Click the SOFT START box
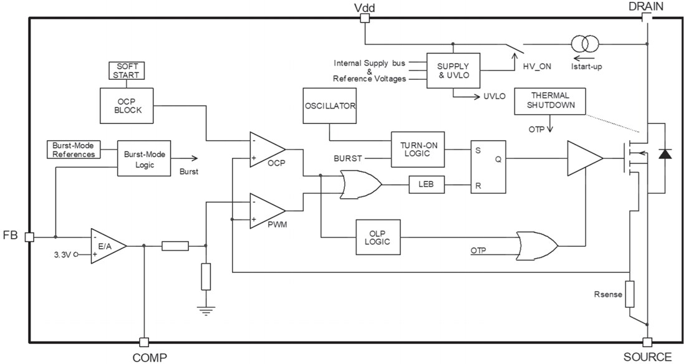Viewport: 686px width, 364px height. coord(125,70)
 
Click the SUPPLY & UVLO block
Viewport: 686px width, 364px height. coord(453,71)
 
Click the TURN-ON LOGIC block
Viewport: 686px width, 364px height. coord(417,150)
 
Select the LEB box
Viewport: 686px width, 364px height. coord(426,185)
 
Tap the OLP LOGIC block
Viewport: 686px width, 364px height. coord(378,237)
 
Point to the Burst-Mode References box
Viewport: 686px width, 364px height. coord(74,150)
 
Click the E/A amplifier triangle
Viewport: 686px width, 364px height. coord(107,246)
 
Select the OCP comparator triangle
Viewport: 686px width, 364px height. coord(265,150)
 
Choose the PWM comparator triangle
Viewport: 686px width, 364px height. coord(265,211)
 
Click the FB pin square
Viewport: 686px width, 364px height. coord(29,237)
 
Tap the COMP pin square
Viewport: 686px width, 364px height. coord(144,342)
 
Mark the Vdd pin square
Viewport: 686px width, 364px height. coord(365,18)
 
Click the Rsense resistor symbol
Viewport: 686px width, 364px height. coord(630,294)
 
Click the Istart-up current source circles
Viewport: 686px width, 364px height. coord(586,44)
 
